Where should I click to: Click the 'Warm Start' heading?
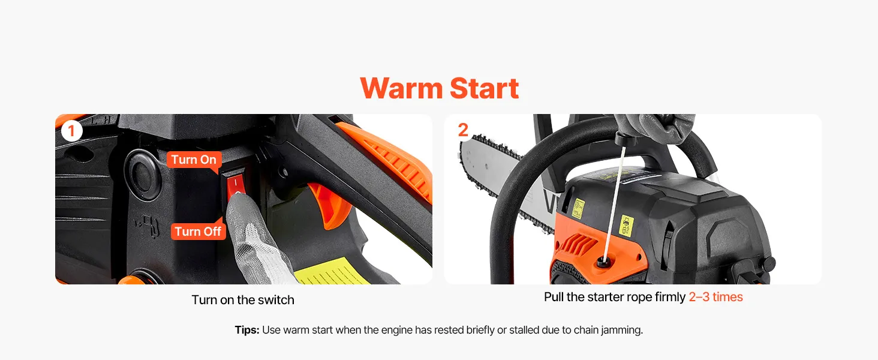coord(440,88)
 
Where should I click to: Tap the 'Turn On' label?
coord(194,160)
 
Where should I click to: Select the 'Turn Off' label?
coord(198,232)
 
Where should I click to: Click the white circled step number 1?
coord(72,131)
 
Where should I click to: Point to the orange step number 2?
coord(463,130)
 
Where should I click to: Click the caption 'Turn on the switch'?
coord(243,300)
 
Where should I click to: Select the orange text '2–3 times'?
coord(715,297)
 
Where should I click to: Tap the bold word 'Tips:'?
coord(247,330)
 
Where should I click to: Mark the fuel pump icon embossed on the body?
coord(147,226)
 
